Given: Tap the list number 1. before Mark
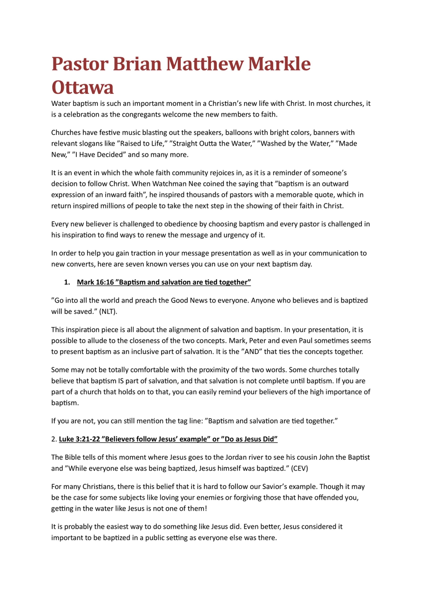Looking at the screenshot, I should click(x=67, y=282).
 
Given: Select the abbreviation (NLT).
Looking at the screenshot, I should click(x=108, y=311).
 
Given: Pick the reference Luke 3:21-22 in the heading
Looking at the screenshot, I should click(x=79, y=439).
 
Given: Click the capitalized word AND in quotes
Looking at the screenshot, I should click(x=251, y=352).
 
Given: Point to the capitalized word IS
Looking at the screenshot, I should click(x=121, y=381).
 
